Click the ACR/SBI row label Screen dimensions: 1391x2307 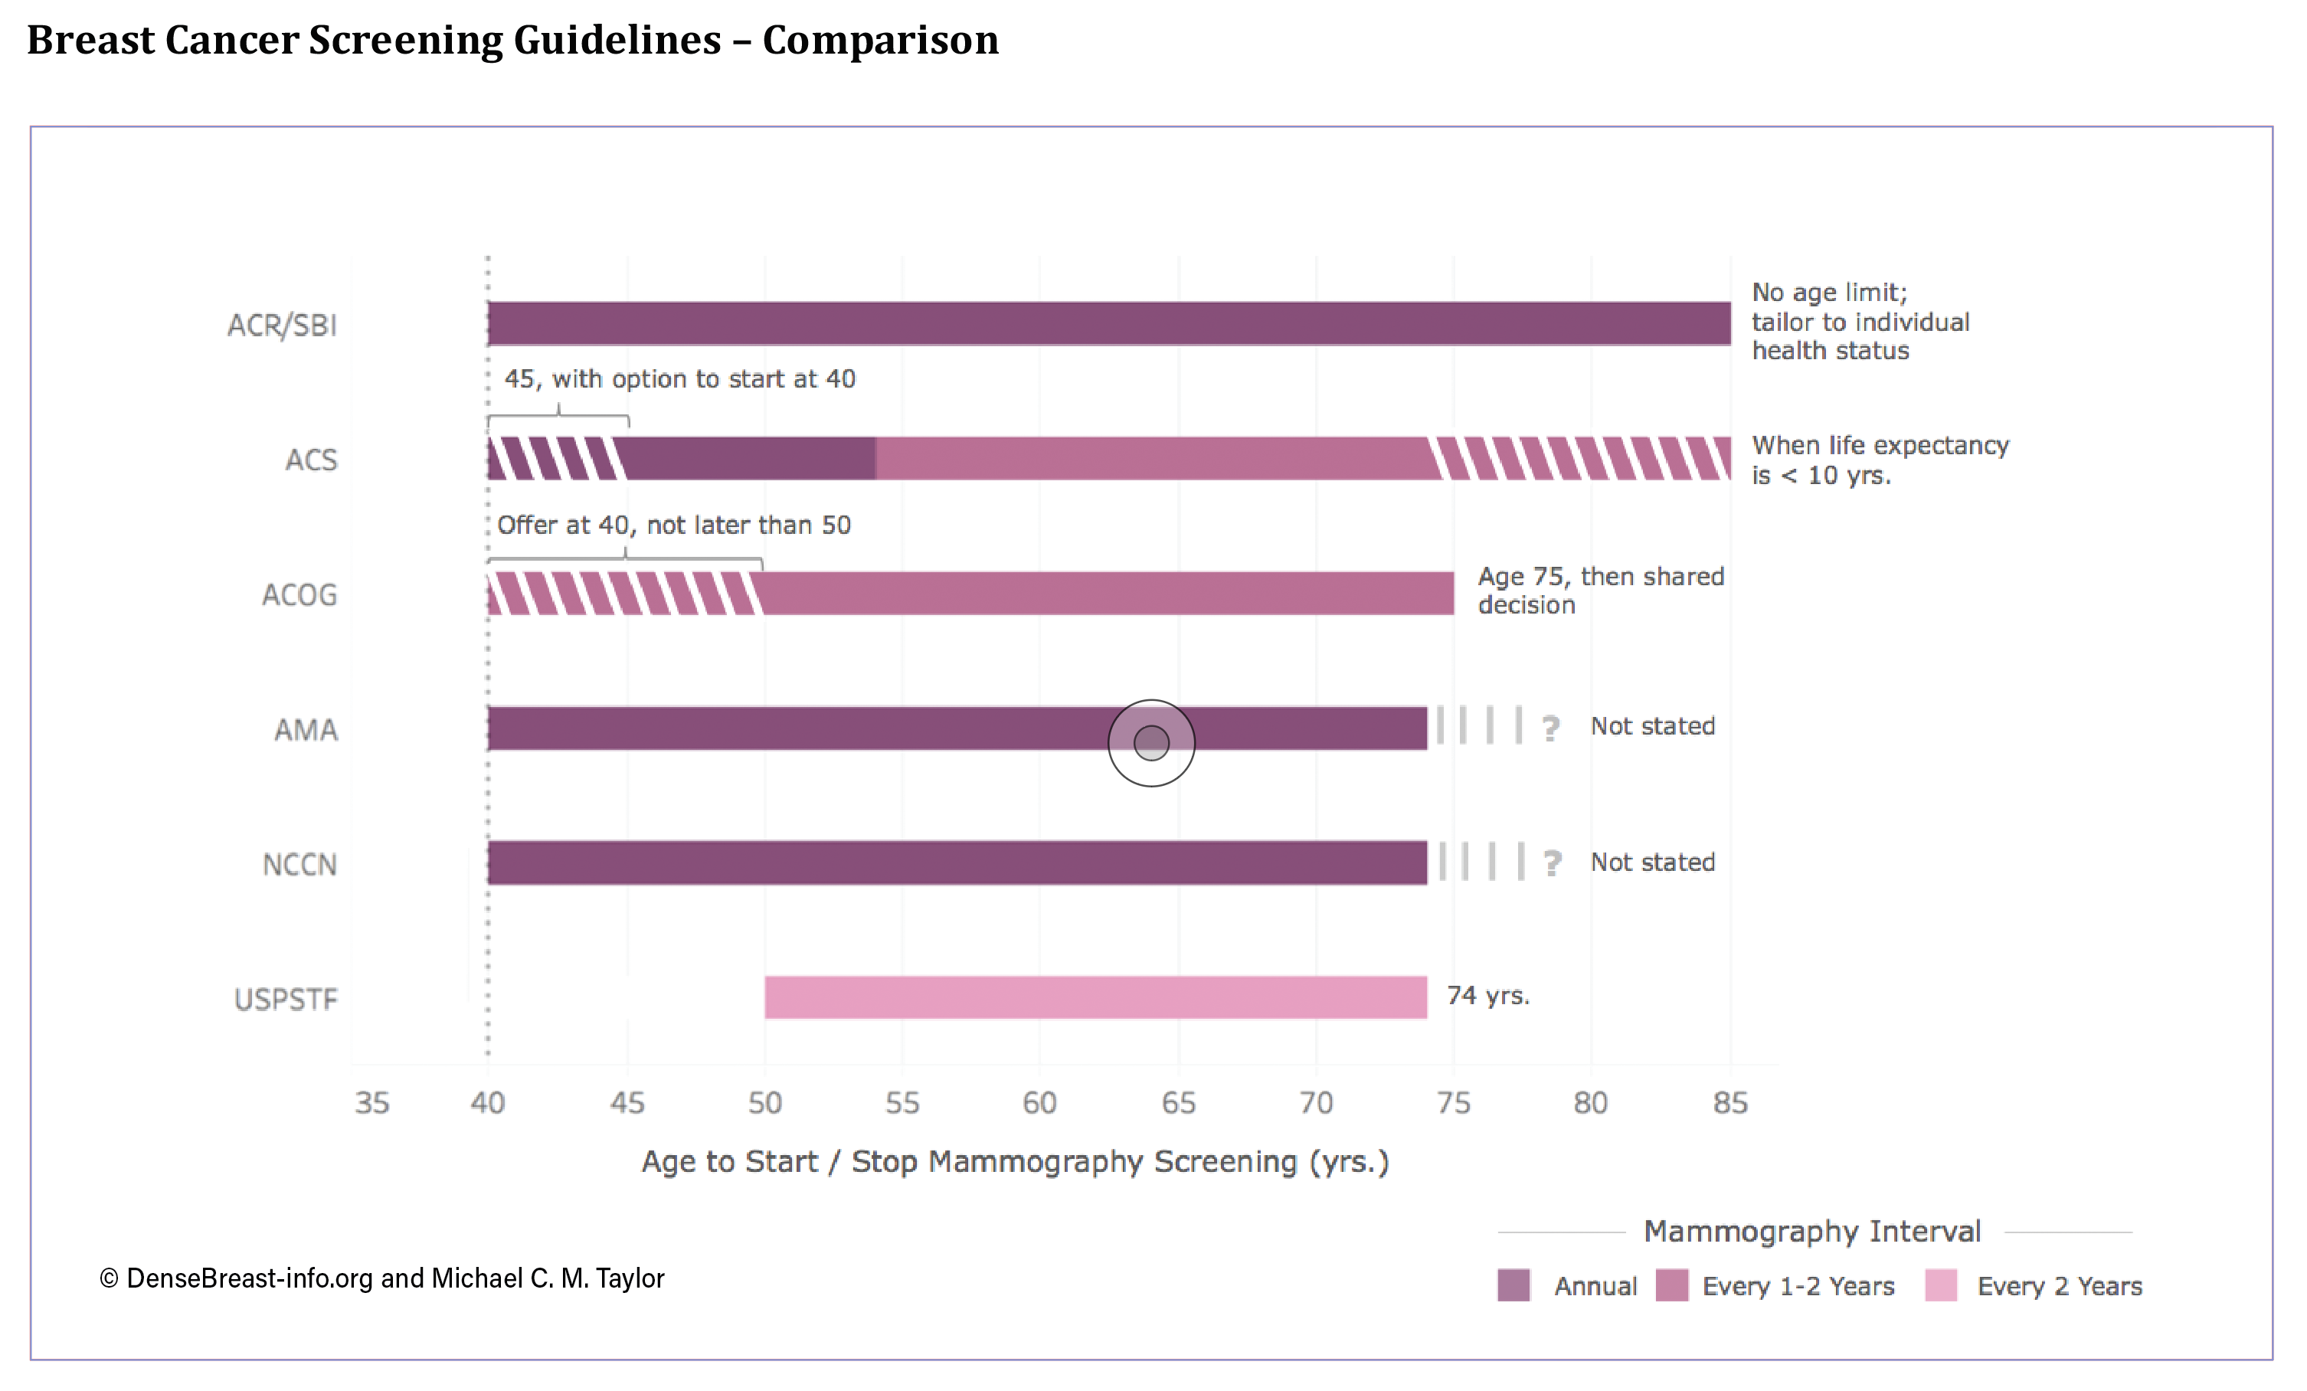(x=282, y=325)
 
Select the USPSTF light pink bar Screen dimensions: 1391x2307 (x=1095, y=997)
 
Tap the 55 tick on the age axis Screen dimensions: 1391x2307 (x=902, y=1103)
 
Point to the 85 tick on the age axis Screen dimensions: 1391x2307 (x=1730, y=1103)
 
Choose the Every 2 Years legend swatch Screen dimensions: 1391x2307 (x=1941, y=1285)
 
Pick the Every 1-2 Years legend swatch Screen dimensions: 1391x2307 (x=1671, y=1285)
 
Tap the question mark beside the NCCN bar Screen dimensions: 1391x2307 (x=1553, y=862)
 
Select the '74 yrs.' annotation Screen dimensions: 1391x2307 (x=1487, y=995)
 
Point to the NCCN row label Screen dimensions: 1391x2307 (x=299, y=864)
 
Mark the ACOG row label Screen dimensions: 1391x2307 (x=299, y=594)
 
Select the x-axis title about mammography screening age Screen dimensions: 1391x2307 (x=1015, y=1162)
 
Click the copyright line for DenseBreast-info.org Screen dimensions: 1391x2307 (x=382, y=1278)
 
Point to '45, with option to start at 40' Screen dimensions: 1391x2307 (x=679, y=379)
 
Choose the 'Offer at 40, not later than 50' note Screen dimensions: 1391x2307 (x=674, y=525)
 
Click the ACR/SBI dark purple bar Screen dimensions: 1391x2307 (x=1108, y=324)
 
